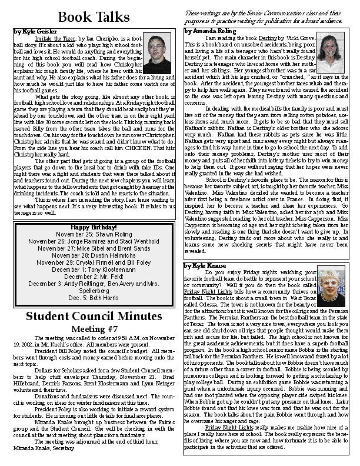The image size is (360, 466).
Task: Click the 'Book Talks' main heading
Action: coord(94,17)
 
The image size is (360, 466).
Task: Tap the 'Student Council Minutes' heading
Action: coord(94,317)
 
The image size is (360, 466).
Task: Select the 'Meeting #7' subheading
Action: coord(94,328)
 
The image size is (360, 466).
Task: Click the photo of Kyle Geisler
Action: coord(157,53)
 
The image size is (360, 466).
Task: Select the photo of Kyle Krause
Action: coord(331,285)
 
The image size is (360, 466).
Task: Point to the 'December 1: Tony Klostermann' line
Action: coord(94,269)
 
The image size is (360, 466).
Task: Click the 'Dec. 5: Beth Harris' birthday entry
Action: coord(94,298)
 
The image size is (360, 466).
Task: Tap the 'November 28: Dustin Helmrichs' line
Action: coord(94,255)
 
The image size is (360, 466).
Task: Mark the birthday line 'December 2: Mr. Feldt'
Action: coord(94,276)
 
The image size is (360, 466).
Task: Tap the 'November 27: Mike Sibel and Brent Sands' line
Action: coord(94,248)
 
